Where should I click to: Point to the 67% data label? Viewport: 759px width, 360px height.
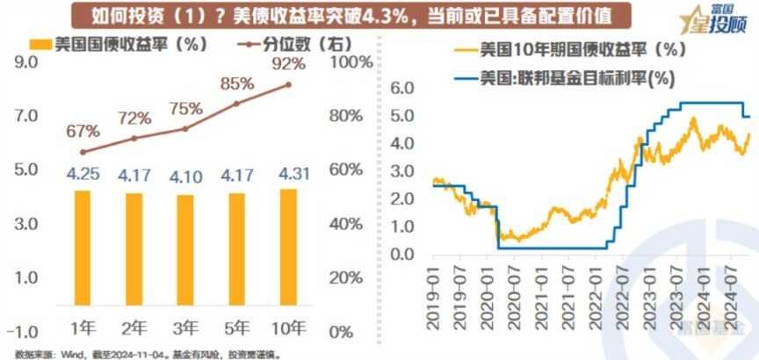(x=83, y=131)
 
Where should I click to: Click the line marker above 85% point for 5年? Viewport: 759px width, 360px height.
(x=236, y=104)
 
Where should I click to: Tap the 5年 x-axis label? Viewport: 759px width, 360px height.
(x=236, y=329)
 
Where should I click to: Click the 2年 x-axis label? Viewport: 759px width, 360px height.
(x=134, y=329)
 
